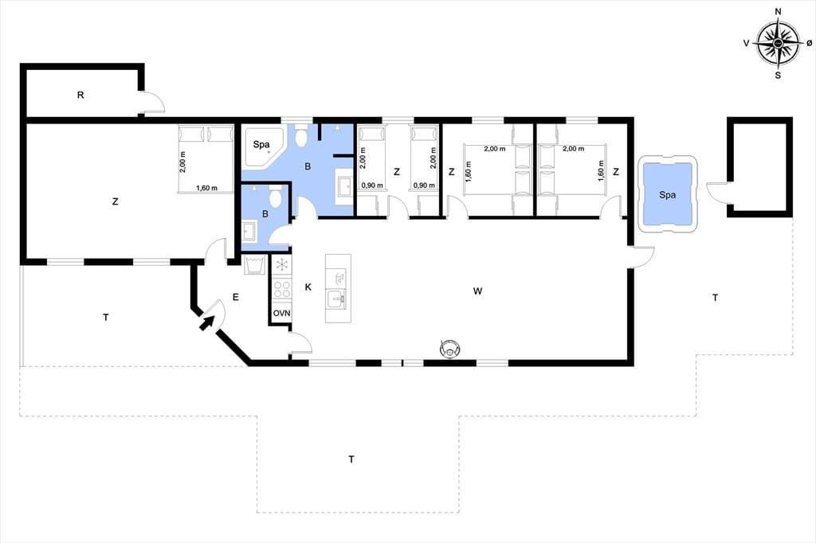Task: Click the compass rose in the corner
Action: click(778, 44)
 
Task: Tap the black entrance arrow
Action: click(206, 323)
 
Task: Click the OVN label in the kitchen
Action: click(281, 313)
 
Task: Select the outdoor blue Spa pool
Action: click(667, 195)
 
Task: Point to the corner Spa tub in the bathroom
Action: click(261, 146)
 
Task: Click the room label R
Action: click(80, 96)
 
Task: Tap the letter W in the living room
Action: click(477, 291)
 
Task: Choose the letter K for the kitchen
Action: click(308, 287)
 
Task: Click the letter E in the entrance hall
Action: click(236, 298)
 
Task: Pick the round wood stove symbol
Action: click(450, 348)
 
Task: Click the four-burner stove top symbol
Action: click(282, 289)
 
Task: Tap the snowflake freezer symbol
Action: click(282, 265)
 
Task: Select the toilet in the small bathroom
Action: click(275, 197)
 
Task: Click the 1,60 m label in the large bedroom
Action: click(206, 188)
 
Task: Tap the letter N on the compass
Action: click(778, 11)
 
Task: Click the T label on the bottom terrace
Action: click(351, 459)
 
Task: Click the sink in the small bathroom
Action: click(249, 230)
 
